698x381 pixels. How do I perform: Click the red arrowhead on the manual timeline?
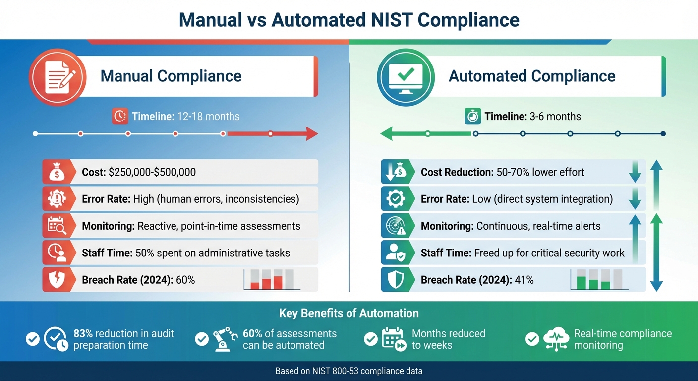click(x=312, y=133)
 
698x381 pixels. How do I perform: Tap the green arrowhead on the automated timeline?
click(x=387, y=133)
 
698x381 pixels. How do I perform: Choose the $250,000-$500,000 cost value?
click(x=152, y=172)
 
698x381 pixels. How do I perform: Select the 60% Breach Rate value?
click(x=185, y=280)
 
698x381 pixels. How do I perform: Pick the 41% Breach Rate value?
click(x=524, y=280)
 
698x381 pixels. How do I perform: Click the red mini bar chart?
click(x=272, y=279)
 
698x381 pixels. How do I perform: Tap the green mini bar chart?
click(x=599, y=279)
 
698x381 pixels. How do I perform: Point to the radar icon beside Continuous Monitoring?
click(x=396, y=226)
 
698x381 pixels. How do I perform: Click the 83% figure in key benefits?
click(x=83, y=334)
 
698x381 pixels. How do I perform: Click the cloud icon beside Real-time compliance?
click(x=556, y=339)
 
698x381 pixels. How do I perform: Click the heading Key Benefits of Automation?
click(x=349, y=313)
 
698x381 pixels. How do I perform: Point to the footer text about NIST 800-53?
click(x=349, y=371)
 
